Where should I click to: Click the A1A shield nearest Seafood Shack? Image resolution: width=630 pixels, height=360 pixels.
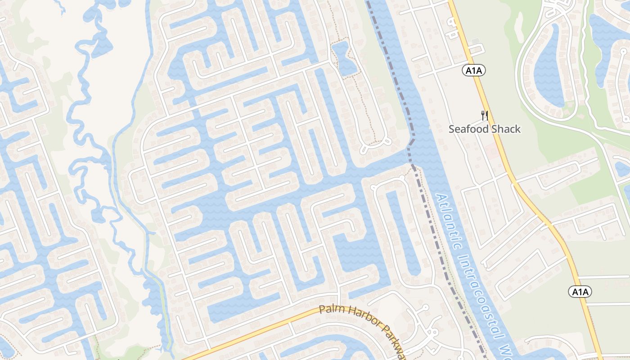point(474,70)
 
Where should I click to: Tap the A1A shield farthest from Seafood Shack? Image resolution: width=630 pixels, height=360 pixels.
point(580,292)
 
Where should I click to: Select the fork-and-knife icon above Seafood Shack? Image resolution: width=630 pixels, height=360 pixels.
point(485,116)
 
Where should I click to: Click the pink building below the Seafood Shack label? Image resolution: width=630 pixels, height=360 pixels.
point(491,152)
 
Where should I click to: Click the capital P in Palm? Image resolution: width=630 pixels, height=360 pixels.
point(322,309)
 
